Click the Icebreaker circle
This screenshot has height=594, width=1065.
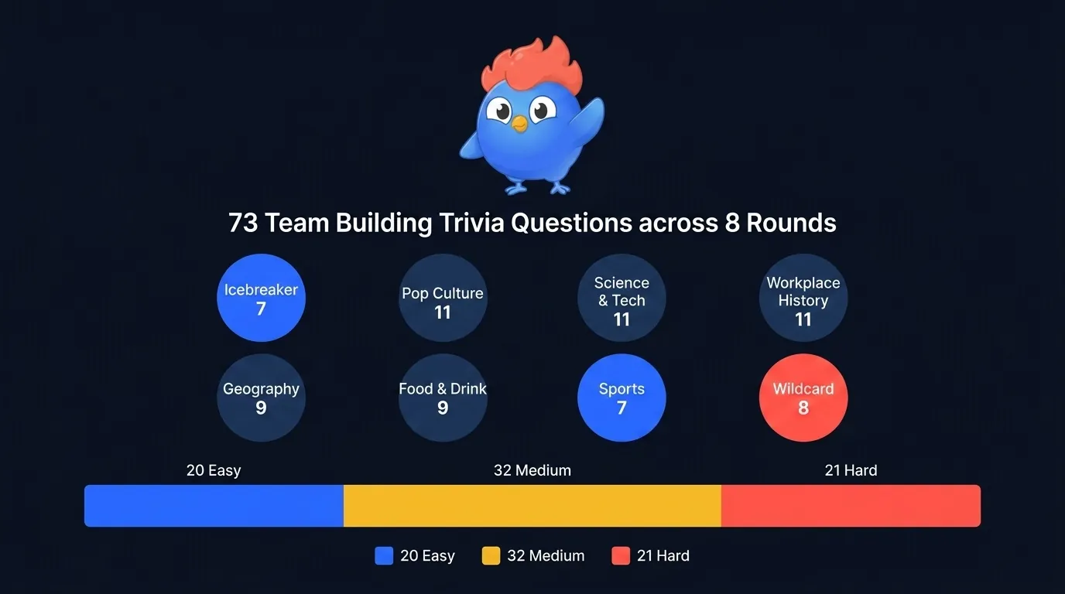(261, 298)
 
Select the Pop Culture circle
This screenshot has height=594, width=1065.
(443, 298)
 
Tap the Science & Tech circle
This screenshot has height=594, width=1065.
(622, 298)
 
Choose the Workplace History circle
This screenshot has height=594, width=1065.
(803, 298)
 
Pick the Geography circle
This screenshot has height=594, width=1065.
(261, 398)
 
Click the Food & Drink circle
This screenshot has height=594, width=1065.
(443, 398)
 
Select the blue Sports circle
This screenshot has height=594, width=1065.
(622, 398)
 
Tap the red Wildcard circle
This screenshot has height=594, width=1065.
(803, 398)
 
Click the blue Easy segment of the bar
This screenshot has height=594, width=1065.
(214, 506)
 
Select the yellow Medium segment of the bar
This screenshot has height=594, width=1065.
(532, 506)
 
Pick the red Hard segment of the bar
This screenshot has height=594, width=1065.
(851, 506)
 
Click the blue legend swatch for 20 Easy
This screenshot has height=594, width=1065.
(384, 556)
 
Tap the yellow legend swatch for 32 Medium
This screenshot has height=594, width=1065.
(491, 556)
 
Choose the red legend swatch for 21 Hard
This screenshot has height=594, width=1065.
(621, 556)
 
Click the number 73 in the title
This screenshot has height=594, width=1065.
(243, 224)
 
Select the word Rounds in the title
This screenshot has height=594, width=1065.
(791, 224)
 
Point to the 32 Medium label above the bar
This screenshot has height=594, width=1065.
(532, 470)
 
